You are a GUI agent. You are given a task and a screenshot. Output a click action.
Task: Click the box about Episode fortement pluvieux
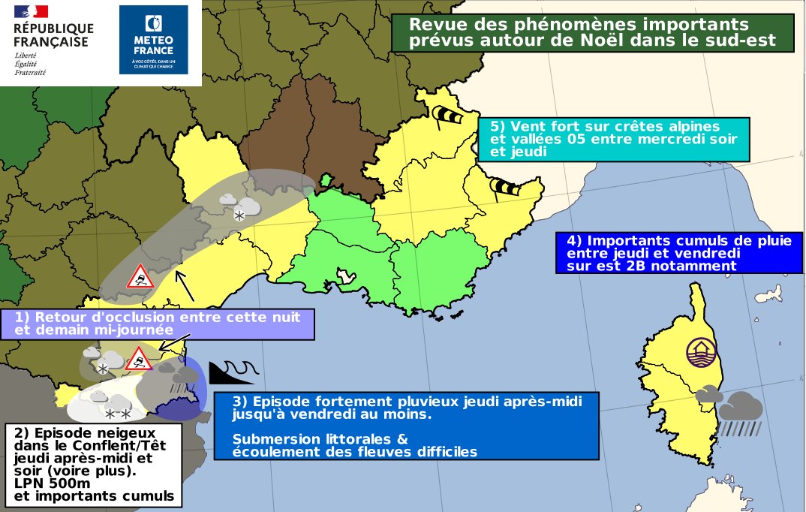pyautogui.click(x=408, y=425)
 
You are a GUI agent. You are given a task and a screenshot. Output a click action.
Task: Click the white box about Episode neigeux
pyautogui.click(x=94, y=464)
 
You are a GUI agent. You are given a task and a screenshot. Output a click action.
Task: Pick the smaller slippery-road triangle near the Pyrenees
pyautogui.click(x=139, y=359)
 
